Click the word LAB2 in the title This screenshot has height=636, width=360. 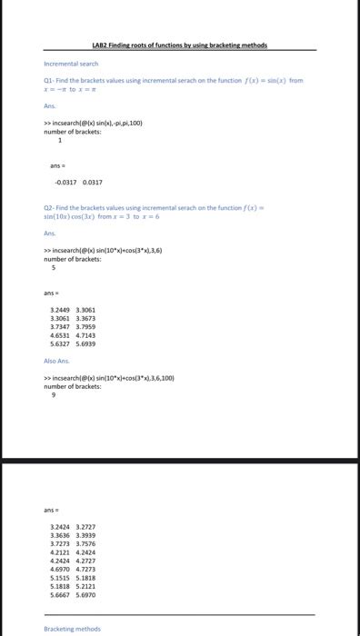pyautogui.click(x=101, y=45)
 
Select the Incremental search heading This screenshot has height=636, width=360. pyautogui.click(x=71, y=65)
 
